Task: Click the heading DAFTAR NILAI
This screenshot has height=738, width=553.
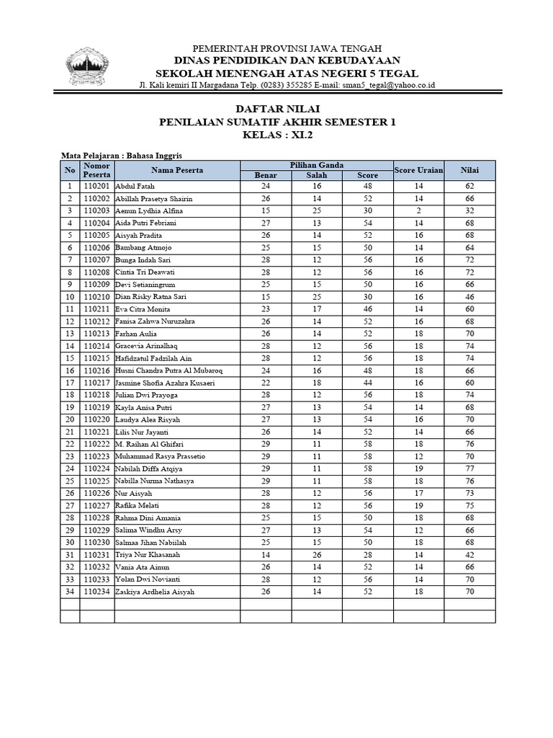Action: click(276, 109)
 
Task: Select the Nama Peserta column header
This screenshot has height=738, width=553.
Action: click(176, 170)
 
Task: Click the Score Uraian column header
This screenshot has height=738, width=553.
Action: click(417, 170)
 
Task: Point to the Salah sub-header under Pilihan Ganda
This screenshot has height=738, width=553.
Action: click(316, 175)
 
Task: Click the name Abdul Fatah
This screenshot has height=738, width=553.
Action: click(135, 186)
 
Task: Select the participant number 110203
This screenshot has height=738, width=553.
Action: click(96, 210)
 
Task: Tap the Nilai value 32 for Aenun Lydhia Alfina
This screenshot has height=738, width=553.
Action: click(469, 210)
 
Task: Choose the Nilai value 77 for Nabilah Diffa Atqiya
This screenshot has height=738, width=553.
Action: click(469, 468)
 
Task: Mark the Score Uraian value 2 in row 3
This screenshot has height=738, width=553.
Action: click(418, 210)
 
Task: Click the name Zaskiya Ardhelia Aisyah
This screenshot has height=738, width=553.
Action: click(155, 592)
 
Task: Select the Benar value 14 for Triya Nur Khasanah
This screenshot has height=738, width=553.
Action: click(265, 555)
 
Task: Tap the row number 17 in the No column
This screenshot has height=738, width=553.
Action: click(70, 383)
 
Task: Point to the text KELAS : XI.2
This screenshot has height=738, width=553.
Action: click(276, 135)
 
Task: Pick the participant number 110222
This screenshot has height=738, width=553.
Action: click(96, 444)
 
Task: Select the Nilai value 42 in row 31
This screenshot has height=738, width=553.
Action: click(469, 555)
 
